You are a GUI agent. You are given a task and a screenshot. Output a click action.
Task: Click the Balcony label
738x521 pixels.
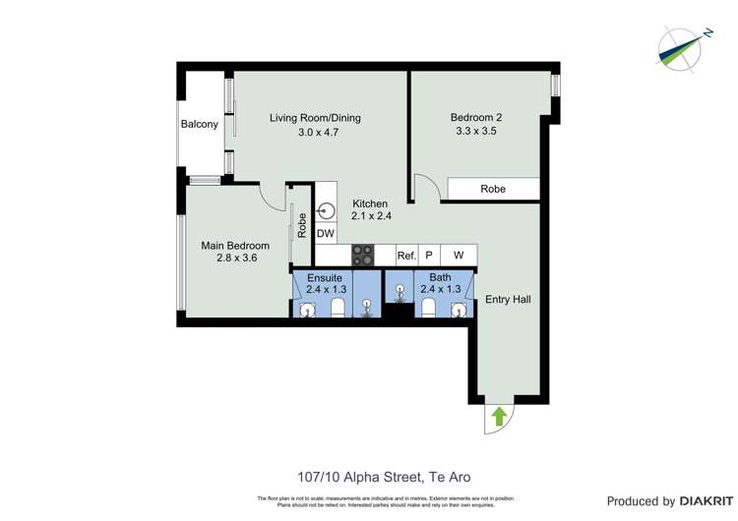point(200,125)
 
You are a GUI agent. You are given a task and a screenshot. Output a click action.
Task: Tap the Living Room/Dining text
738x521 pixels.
point(315,118)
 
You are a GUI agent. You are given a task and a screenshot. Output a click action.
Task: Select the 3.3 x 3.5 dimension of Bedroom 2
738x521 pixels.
point(475,131)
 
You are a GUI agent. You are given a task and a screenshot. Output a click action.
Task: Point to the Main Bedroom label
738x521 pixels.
point(235,246)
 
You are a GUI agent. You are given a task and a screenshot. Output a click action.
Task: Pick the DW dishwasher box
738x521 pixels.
point(326,233)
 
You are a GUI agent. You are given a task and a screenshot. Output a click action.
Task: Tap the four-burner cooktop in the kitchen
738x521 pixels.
point(363,255)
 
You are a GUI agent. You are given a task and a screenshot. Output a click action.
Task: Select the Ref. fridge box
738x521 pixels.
point(406,256)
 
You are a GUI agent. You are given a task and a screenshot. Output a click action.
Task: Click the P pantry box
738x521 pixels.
point(429,256)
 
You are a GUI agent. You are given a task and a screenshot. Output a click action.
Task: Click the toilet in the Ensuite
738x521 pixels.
point(338,309)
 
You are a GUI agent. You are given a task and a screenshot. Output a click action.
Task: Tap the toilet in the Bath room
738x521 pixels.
point(428,308)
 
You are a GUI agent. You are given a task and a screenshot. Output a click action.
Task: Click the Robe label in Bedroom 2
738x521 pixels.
point(493,189)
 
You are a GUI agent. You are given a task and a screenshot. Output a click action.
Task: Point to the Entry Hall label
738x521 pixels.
point(508,299)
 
